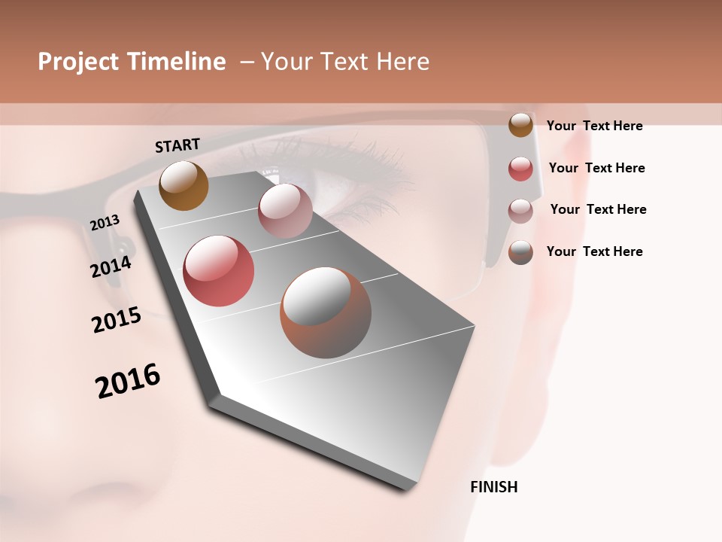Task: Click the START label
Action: click(x=177, y=145)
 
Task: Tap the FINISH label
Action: click(x=494, y=487)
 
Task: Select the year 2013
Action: click(x=105, y=223)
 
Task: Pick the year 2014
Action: click(x=111, y=266)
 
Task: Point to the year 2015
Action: click(x=117, y=320)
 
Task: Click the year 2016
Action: click(x=128, y=380)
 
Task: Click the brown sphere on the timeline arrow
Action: click(x=184, y=185)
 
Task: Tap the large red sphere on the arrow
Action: click(x=219, y=271)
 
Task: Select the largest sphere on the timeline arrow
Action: click(x=326, y=312)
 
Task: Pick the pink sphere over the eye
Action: click(x=285, y=211)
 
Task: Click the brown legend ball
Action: click(x=520, y=125)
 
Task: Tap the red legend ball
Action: click(x=520, y=169)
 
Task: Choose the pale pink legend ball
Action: click(x=520, y=211)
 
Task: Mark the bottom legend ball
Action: click(x=520, y=252)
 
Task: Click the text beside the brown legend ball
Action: click(x=594, y=126)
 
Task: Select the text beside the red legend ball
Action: click(x=596, y=168)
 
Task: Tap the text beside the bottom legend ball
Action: click(x=594, y=251)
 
